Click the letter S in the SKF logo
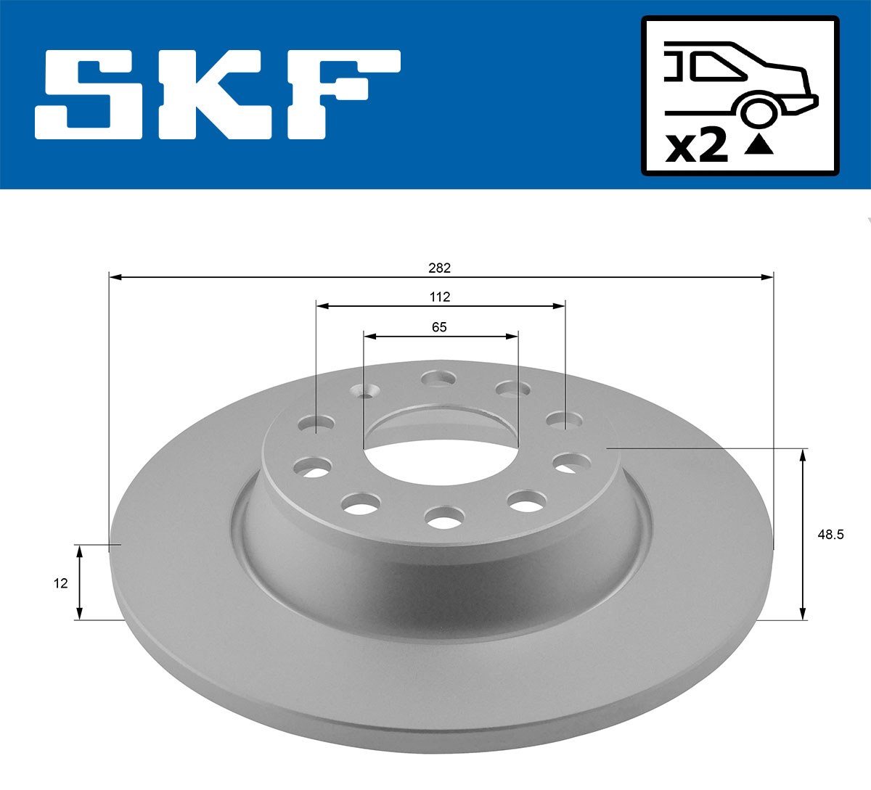click(89, 94)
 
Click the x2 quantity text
click(696, 147)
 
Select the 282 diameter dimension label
click(439, 268)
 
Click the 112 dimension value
click(439, 297)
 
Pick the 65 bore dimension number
click(439, 327)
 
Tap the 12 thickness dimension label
click(60, 583)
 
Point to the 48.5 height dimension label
click(830, 535)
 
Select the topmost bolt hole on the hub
click(438, 378)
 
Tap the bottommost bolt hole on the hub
click(445, 517)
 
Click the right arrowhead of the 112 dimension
click(560, 306)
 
